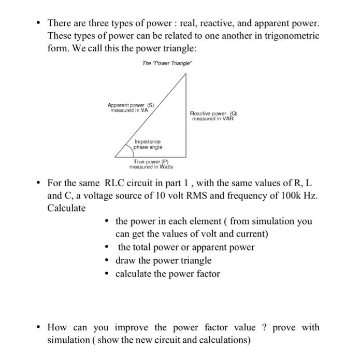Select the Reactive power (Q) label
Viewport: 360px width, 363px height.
(213, 113)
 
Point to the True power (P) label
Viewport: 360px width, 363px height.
(151, 162)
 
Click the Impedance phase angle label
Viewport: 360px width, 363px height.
(148, 144)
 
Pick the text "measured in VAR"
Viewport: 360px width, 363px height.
(213, 118)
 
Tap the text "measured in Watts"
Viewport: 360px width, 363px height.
(151, 167)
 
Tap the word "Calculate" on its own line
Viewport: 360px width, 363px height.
(66, 208)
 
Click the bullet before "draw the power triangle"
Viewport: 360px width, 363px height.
(107, 261)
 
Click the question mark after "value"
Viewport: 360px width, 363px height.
(264, 327)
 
